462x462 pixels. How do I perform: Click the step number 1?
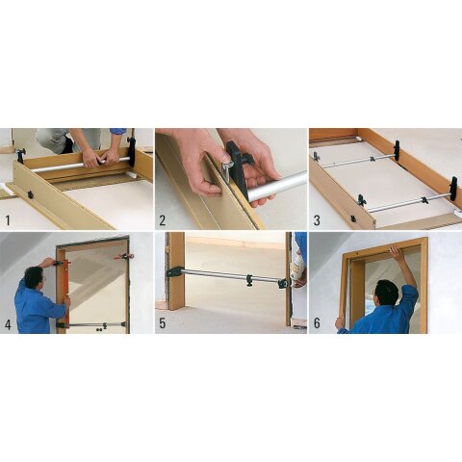click(8, 220)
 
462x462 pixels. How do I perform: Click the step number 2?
click(163, 220)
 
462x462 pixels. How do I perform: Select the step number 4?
click(8, 323)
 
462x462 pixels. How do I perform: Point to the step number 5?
click(163, 323)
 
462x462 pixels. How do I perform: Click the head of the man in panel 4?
click(33, 277)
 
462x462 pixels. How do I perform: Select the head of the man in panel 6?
click(387, 290)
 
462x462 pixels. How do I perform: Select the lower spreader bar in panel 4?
click(96, 324)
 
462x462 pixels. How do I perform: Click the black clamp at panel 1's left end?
click(20, 154)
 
